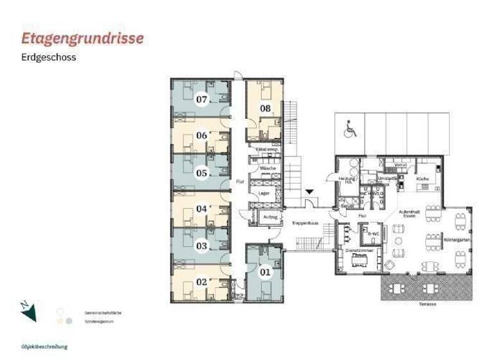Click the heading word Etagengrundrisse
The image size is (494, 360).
pyautogui.click(x=82, y=39)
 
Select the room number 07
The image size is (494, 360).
pyautogui.click(x=202, y=100)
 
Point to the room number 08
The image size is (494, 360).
pyautogui.click(x=265, y=109)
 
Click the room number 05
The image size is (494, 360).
pyautogui.click(x=202, y=173)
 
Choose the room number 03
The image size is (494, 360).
pyautogui.click(x=202, y=246)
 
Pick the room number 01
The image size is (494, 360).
pyautogui.click(x=264, y=271)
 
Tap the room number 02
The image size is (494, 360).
pyautogui.click(x=202, y=281)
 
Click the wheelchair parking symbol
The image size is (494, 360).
pyautogui.click(x=351, y=130)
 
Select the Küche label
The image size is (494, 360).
pyautogui.click(x=423, y=178)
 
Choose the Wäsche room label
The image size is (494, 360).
pyautogui.click(x=268, y=168)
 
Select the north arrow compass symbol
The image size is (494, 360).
pyautogui.click(x=28, y=311)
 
